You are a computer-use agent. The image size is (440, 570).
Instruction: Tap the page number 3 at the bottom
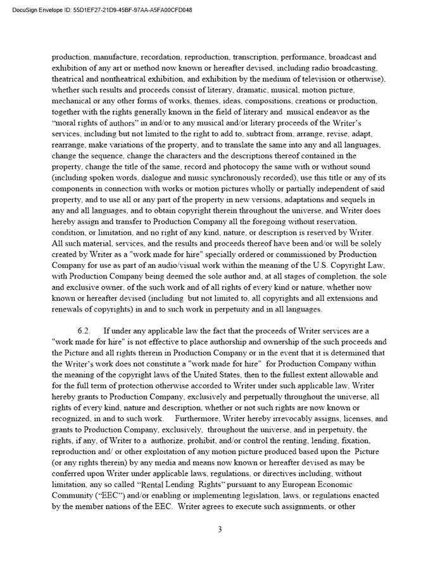coord(220,529)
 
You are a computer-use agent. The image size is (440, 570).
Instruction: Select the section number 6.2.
coord(85,331)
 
